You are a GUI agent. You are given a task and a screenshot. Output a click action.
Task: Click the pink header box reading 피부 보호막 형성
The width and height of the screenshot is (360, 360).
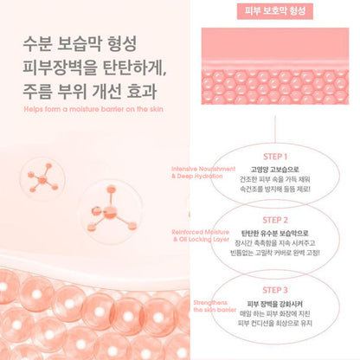tap(279, 13)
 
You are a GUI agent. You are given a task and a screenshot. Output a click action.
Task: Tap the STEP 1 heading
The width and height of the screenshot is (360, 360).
tap(278, 147)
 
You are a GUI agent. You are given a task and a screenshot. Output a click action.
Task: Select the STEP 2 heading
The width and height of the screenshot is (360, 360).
tap(278, 220)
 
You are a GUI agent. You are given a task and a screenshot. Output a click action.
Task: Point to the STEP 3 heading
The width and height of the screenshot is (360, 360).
tap(278, 292)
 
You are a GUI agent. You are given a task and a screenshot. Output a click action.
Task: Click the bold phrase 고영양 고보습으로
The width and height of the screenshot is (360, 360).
tap(278, 164)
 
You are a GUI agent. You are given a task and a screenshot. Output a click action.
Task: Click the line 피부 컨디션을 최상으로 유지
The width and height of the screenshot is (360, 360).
tap(278, 332)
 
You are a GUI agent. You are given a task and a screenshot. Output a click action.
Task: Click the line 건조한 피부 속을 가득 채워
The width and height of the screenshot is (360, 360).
tap(278, 176)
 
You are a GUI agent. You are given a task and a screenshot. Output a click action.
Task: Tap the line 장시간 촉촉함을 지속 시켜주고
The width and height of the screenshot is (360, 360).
tap(278, 248)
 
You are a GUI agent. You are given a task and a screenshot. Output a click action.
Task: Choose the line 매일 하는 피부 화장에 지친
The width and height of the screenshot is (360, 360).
tap(278, 320)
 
